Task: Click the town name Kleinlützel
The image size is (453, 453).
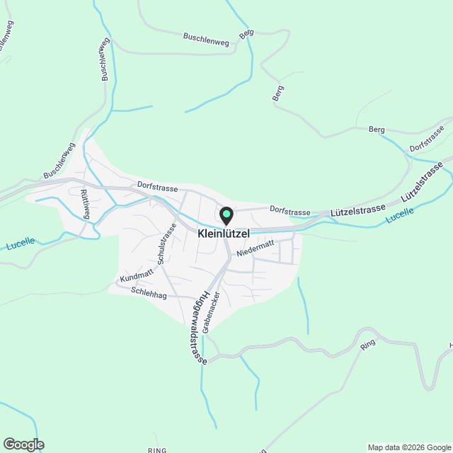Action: point(224,233)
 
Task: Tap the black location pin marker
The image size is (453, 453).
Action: point(226,215)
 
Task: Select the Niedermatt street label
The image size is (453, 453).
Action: point(255,251)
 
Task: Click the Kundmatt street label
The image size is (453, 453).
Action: point(137,277)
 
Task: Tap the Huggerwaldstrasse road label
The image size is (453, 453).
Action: point(197,326)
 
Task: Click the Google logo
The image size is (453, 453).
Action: point(23,445)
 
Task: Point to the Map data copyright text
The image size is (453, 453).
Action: point(409,447)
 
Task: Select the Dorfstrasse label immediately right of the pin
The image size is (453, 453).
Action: point(290,212)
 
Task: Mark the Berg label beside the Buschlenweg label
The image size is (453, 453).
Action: point(246,34)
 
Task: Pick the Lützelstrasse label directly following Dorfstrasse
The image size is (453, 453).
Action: point(357,210)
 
